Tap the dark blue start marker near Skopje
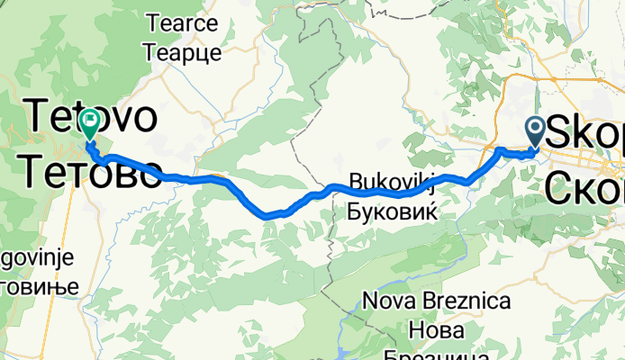click(535, 132)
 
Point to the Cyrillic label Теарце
click(183, 51)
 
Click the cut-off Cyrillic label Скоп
click(585, 189)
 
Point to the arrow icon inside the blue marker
click(535, 129)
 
